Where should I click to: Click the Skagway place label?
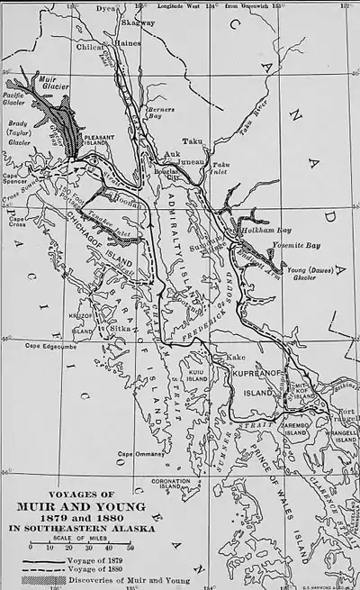(x=132, y=23)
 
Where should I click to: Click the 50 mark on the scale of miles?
(x=132, y=545)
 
